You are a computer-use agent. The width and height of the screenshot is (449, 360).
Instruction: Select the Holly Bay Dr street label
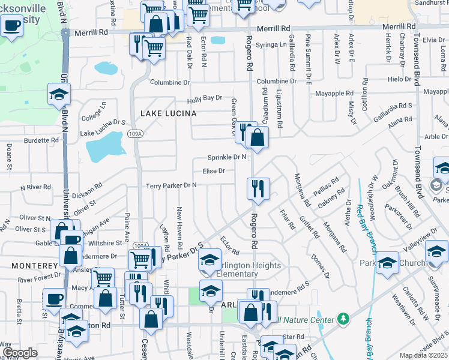pos(204,97)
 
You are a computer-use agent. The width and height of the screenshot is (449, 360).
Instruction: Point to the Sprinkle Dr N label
pos(227,157)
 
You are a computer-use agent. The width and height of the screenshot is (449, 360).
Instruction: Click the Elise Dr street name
pos(214,171)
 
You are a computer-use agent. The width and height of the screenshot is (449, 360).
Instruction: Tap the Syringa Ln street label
pos(271,45)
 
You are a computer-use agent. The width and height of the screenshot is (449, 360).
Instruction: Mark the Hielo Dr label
pos(398,79)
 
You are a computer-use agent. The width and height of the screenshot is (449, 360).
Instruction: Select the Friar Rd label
pos(289,220)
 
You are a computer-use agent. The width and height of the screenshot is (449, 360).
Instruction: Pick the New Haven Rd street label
pos(179,228)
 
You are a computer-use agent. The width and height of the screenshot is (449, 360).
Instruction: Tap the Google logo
pos(20,353)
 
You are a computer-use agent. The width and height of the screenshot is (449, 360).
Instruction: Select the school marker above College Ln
pos(59,94)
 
